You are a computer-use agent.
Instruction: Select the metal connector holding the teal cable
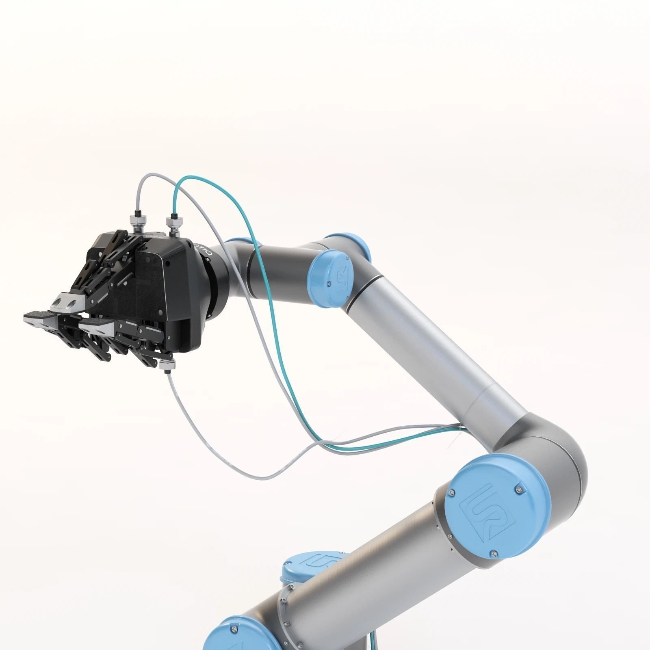(x=174, y=225)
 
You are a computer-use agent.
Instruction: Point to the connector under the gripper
(x=167, y=365)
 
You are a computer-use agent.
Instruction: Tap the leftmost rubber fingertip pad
(x=37, y=315)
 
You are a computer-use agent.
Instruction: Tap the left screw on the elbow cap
(x=451, y=493)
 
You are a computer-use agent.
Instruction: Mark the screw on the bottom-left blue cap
(x=234, y=641)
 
